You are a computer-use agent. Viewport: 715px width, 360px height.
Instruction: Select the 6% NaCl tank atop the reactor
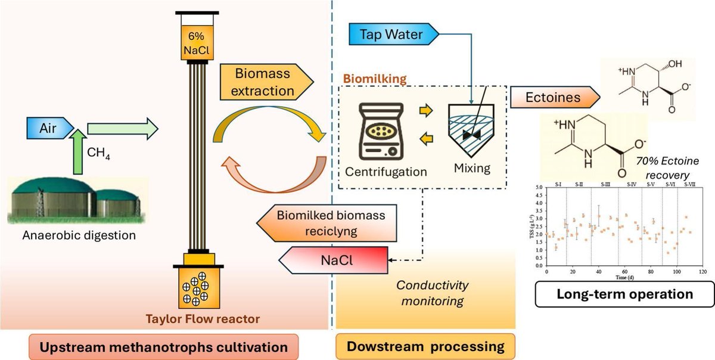pyautogui.click(x=193, y=44)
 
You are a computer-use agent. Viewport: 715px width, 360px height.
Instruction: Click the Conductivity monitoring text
pyautogui.click(x=424, y=293)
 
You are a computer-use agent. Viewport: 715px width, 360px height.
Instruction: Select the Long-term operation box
pyautogui.click(x=624, y=294)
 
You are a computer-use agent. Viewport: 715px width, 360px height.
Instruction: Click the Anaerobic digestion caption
pyautogui.click(x=79, y=235)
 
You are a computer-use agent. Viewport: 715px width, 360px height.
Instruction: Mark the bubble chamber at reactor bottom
pyautogui.click(x=194, y=288)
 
